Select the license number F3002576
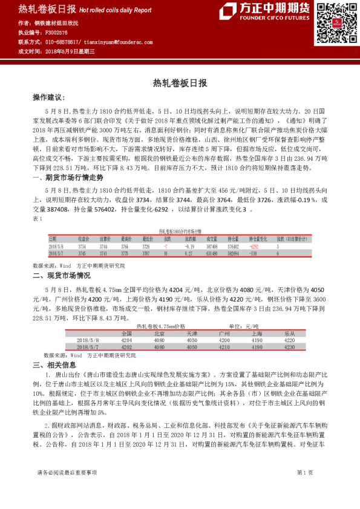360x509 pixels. point(57,32)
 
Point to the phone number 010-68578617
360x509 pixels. point(63,42)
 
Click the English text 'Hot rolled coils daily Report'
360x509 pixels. point(116,10)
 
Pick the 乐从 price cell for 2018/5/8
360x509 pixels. point(289,340)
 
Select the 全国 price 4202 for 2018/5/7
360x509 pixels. point(126,348)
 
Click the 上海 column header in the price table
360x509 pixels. point(256,334)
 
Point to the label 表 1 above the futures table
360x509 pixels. point(38,218)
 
